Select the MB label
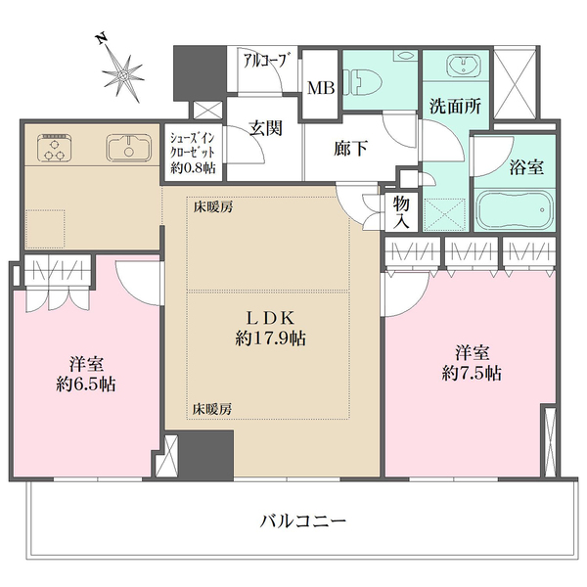(x=322, y=88)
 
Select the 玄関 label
(x=265, y=128)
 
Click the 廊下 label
(x=350, y=149)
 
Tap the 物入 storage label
(x=402, y=209)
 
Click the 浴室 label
(x=526, y=166)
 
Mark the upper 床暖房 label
(x=211, y=207)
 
